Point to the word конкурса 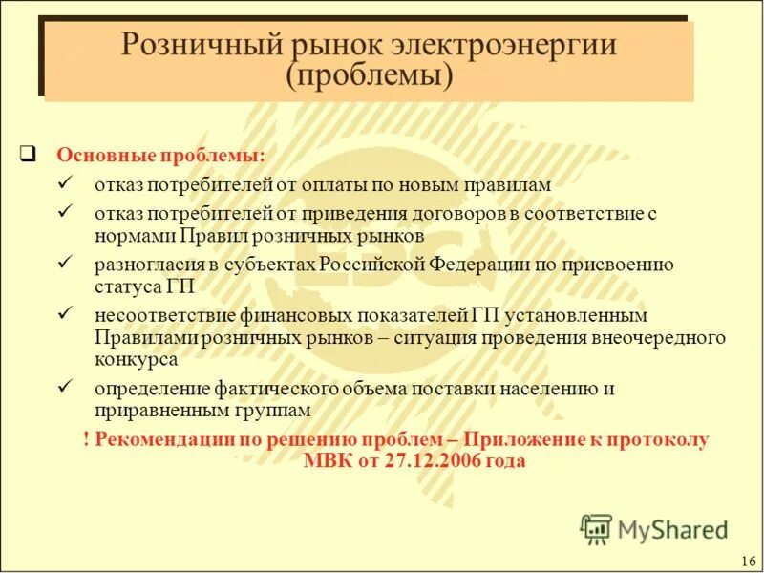(x=136, y=359)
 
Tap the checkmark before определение (x=65, y=387)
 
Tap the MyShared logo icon (x=595, y=528)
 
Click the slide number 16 (x=748, y=560)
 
